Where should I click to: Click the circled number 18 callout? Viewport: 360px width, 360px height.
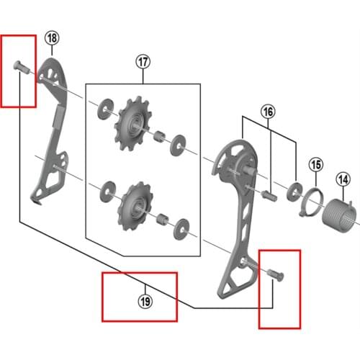point(52,38)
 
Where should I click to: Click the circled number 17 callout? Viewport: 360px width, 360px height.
point(143,62)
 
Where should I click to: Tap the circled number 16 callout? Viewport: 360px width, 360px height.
point(268,112)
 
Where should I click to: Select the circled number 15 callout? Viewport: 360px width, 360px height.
point(316,165)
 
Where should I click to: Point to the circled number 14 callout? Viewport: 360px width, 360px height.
point(343,179)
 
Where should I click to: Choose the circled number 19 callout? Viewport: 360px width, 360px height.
point(145,302)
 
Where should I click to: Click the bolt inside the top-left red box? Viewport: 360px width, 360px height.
point(21,67)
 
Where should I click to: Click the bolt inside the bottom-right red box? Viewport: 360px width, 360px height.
point(276,275)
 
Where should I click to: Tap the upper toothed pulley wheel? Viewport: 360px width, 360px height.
point(132,123)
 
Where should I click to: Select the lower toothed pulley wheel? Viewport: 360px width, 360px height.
point(135,206)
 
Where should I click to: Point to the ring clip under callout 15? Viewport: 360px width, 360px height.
point(311,202)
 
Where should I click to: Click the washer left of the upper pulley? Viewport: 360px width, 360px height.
point(106,109)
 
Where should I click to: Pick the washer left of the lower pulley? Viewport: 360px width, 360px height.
point(108,192)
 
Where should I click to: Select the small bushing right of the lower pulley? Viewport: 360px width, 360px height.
point(163,219)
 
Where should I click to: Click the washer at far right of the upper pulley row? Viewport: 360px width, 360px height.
point(178,145)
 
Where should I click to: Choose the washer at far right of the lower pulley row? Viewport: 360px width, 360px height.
point(181,229)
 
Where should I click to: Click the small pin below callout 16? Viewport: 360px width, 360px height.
point(269,196)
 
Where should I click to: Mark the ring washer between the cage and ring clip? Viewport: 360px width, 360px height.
point(294,192)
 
